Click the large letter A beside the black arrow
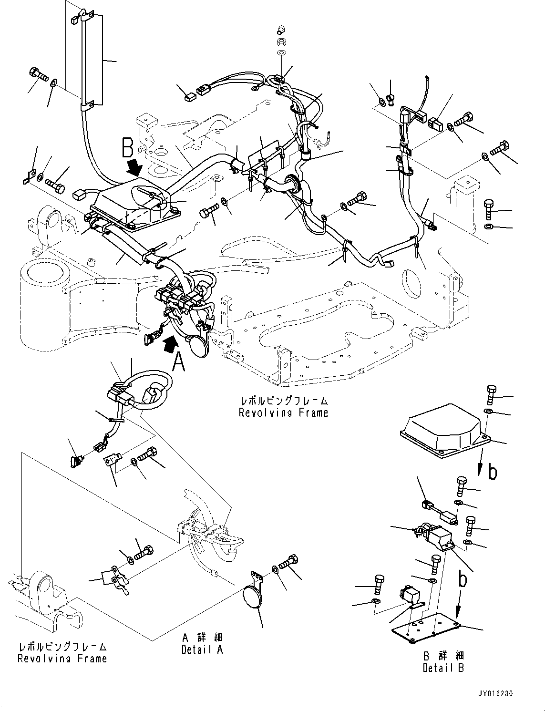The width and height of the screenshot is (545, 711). pos(178,364)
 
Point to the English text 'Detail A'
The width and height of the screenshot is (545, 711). pos(202,649)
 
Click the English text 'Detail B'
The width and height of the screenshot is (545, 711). pos(443,668)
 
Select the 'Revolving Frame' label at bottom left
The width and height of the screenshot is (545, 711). pos(62,659)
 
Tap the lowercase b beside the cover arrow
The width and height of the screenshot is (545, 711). pos(493,472)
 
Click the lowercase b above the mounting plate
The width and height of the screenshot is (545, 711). pos(462,580)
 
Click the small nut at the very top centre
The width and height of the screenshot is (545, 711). pos(281,42)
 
